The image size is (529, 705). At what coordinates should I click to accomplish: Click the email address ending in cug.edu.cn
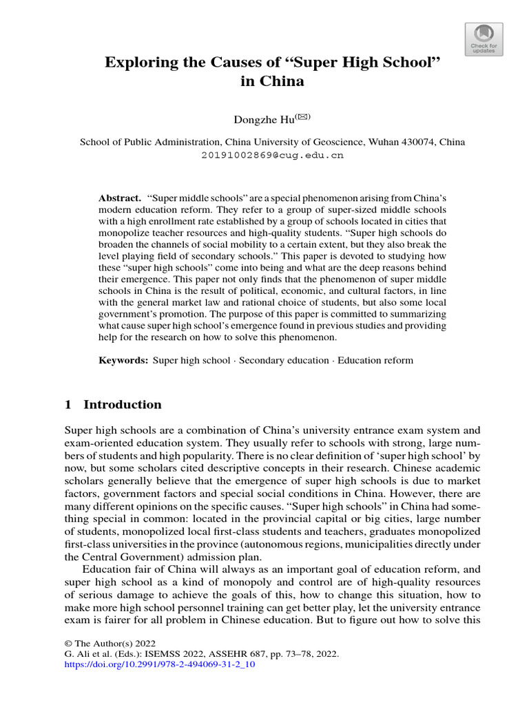pyautogui.click(x=272, y=155)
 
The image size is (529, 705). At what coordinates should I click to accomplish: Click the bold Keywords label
pyautogui.click(x=123, y=360)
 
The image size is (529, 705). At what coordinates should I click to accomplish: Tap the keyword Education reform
pyautogui.click(x=375, y=360)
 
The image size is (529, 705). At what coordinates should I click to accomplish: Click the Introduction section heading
pyautogui.click(x=123, y=404)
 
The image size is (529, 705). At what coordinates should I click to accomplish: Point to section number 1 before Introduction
pyautogui.click(x=68, y=404)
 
